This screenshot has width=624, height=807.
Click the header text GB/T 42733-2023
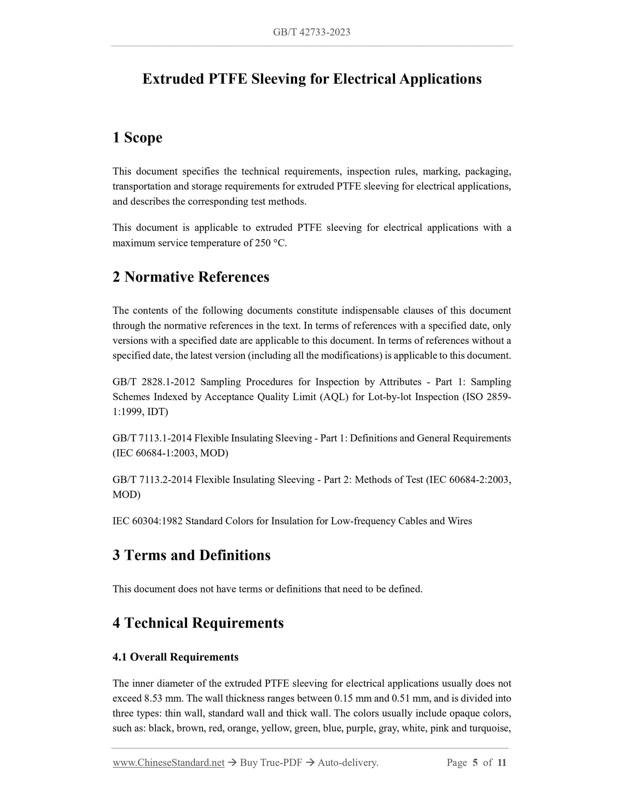(311, 32)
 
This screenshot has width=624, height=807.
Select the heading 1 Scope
(137, 138)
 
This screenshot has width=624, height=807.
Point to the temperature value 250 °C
(270, 243)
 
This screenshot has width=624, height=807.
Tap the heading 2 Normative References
(190, 277)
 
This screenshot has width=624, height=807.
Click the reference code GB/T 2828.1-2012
(154, 382)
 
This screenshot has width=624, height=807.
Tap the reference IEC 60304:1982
(147, 521)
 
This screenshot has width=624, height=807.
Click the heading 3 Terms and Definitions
(191, 555)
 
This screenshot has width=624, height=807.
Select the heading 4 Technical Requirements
(198, 623)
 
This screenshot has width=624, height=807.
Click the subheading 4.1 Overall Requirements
(175, 657)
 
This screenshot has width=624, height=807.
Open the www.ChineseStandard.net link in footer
(168, 763)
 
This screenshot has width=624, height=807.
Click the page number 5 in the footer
(475, 763)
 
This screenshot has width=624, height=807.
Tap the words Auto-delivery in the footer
(348, 763)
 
